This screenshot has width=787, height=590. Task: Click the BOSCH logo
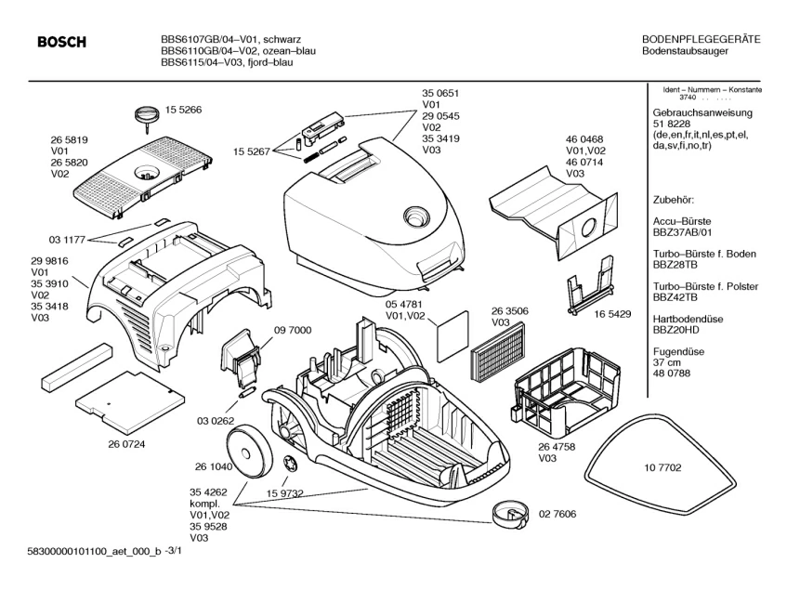(x=61, y=42)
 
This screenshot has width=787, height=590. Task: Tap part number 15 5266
(x=184, y=110)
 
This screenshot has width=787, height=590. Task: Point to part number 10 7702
(x=663, y=471)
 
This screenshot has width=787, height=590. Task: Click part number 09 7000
(x=292, y=330)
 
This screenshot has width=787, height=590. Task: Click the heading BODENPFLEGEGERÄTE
(x=702, y=38)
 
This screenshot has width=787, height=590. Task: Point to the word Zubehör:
(x=674, y=200)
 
